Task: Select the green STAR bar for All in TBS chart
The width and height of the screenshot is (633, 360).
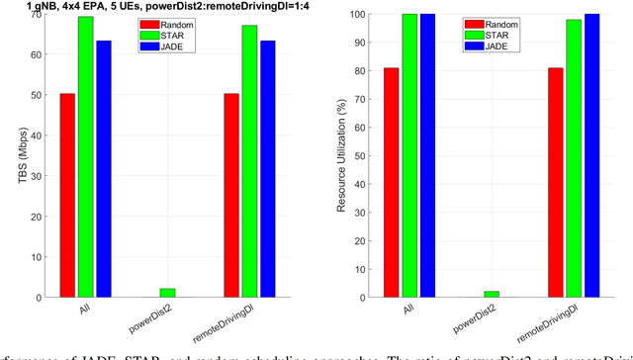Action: coord(85,156)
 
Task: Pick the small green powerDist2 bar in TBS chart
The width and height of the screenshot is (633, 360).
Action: coord(167,293)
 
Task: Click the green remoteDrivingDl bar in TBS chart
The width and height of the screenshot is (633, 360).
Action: coord(249,161)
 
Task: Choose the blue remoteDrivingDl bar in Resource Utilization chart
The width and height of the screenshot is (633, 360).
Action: coord(592,155)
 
